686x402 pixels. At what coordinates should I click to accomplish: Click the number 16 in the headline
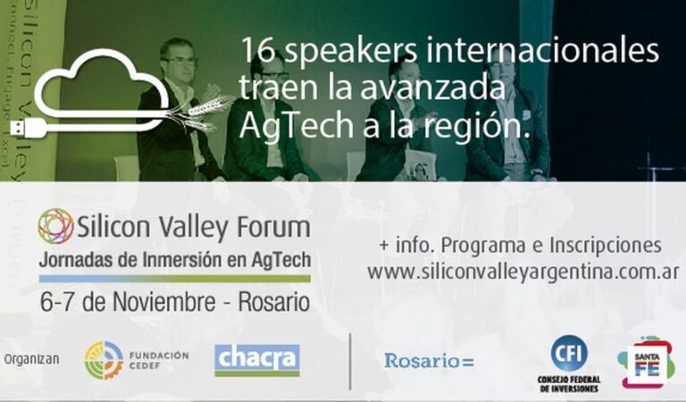click(x=255, y=50)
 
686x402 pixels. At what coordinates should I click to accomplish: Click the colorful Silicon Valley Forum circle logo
click(x=55, y=226)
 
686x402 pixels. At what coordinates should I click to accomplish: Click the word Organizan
click(x=31, y=360)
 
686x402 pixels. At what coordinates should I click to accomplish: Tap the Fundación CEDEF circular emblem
click(x=104, y=360)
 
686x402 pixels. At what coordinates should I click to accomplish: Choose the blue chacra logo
click(x=257, y=359)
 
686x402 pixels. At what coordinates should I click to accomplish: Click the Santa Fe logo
click(x=645, y=362)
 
